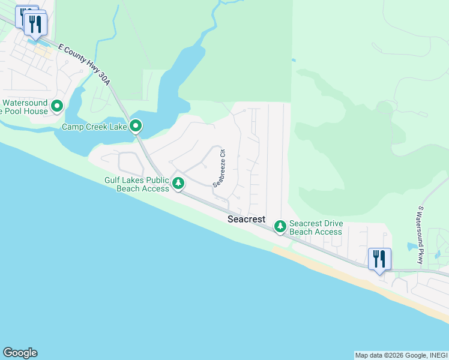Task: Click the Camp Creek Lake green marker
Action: tap(136, 126)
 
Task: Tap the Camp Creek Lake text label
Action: tap(95, 127)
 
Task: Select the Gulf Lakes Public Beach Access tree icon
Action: tap(178, 183)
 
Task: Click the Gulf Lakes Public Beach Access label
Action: tap(137, 184)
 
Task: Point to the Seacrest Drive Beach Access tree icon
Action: tap(280, 226)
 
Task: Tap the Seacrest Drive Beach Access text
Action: tap(316, 227)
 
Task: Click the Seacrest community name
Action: tap(246, 220)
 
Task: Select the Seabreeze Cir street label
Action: tap(218, 167)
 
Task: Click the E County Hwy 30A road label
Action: tap(84, 64)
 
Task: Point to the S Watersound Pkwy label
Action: tap(421, 235)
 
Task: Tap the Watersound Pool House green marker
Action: tap(57, 107)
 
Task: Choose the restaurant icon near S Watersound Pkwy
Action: tap(379, 259)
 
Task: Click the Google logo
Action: tap(20, 353)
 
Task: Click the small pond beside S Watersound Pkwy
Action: tap(411, 247)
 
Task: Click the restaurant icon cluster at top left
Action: tap(33, 23)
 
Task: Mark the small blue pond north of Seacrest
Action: tap(293, 60)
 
